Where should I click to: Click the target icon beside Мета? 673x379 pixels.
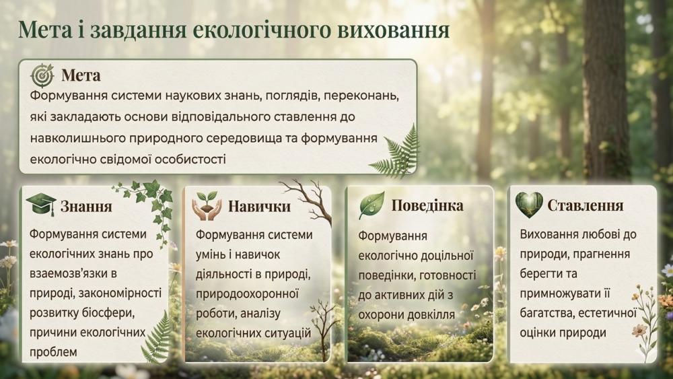coord(42,75)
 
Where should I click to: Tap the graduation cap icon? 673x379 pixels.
coord(41,205)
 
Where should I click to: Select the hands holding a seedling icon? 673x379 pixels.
coord(207,206)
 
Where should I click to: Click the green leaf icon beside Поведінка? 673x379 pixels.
coord(371,205)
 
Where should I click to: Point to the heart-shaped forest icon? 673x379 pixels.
coord(529,205)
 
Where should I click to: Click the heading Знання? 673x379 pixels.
coord(86,207)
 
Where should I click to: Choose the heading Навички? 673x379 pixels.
coord(259,207)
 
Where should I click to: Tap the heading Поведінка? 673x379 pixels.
coord(427,205)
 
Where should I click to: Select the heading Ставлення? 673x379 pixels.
coord(586,205)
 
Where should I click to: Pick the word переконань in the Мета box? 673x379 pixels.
coord(361,96)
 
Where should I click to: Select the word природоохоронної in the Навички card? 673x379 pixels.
coord(247,294)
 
